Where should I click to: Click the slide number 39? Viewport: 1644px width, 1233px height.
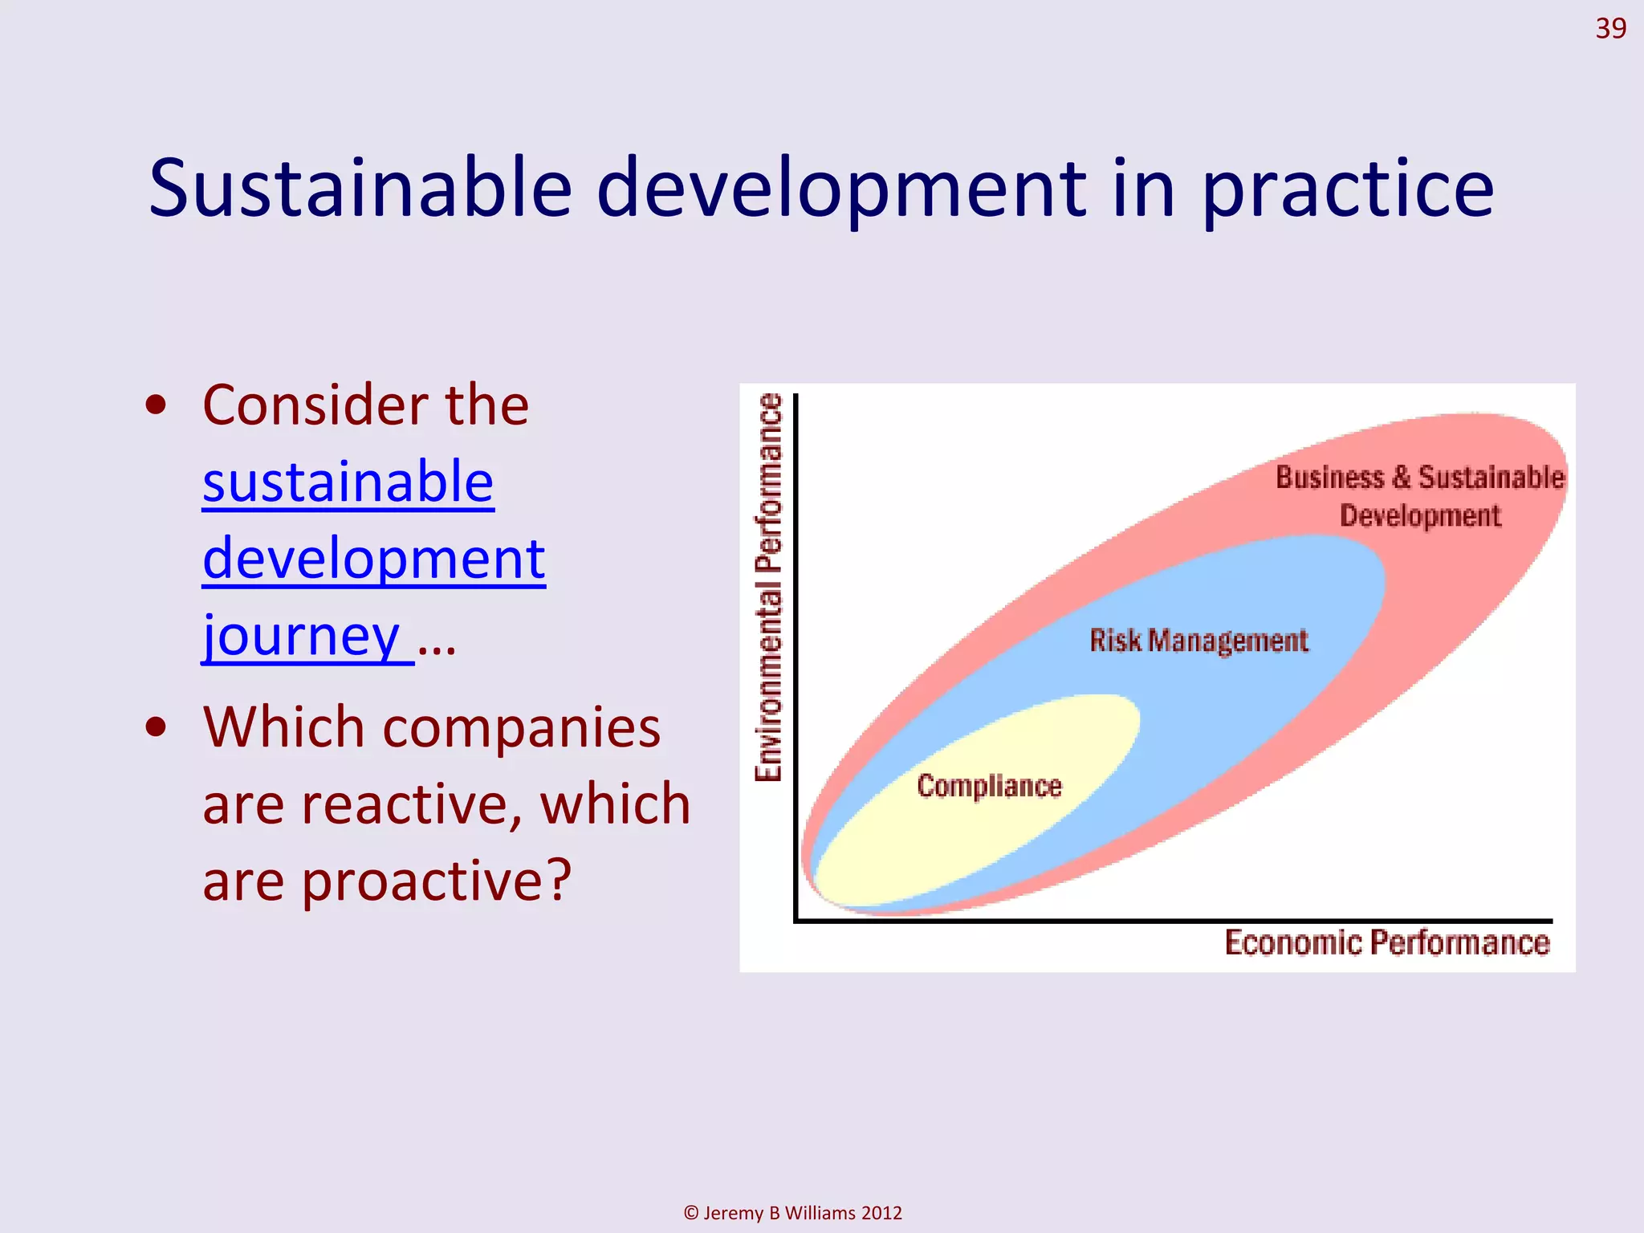pyautogui.click(x=1609, y=29)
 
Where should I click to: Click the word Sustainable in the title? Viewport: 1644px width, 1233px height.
pyautogui.click(x=360, y=189)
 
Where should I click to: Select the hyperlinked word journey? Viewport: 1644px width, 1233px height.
pyautogui.click(x=302, y=636)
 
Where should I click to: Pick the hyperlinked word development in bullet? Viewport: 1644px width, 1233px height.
pyautogui.click(x=374, y=559)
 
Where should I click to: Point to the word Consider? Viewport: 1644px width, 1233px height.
pyautogui.click(x=313, y=405)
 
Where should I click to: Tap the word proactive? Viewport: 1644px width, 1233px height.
pyautogui.click(x=436, y=881)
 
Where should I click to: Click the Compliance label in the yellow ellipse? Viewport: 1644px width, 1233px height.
pyautogui.click(x=989, y=786)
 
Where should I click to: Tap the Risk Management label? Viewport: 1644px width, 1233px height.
pyautogui.click(x=1198, y=641)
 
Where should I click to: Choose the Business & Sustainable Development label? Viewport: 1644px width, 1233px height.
pyautogui.click(x=1419, y=496)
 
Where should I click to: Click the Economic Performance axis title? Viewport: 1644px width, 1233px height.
pyautogui.click(x=1386, y=943)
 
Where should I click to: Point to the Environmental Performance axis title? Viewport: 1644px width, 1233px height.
pyautogui.click(x=768, y=587)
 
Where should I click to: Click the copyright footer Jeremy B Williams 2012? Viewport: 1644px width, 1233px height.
pyautogui.click(x=792, y=1213)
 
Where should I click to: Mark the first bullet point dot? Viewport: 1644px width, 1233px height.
pyautogui.click(x=157, y=406)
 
